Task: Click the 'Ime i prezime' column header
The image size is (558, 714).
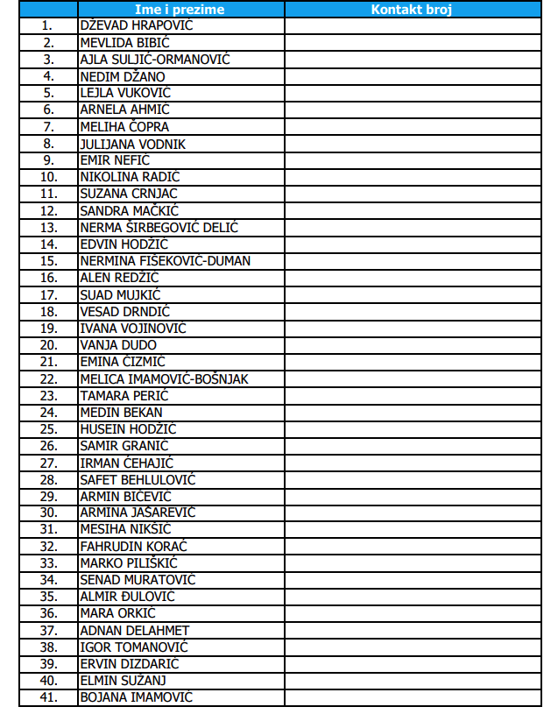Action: coord(180,10)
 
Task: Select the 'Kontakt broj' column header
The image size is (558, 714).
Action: coord(412,10)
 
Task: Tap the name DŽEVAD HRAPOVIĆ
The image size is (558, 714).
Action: coord(136,25)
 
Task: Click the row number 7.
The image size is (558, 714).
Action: coord(48,127)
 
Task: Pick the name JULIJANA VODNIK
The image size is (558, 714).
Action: coord(132,144)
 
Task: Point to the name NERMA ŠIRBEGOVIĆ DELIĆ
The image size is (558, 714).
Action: coord(159,228)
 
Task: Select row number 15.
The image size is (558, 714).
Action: coord(48,261)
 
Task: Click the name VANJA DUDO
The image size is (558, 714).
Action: coord(118,345)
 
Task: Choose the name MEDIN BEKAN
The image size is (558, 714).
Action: coord(121,413)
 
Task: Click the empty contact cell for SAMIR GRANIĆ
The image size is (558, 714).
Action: coord(412,446)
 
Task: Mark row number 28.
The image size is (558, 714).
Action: coord(48,480)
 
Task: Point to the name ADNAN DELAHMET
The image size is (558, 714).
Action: coord(134,631)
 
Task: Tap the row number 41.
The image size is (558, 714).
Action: coord(48,697)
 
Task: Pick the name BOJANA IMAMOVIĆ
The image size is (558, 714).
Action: coord(136,697)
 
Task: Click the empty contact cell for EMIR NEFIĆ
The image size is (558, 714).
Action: coord(412,160)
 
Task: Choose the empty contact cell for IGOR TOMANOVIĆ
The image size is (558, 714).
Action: coord(412,647)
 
